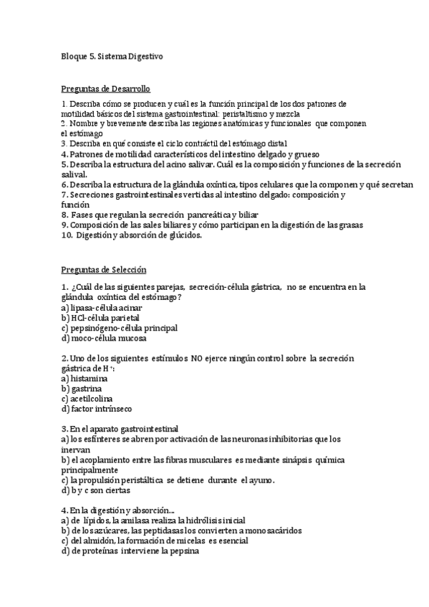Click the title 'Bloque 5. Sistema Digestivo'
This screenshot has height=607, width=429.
tap(112, 55)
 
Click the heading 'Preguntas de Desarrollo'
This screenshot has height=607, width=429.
tap(105, 89)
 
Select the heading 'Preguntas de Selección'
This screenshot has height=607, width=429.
tap(103, 270)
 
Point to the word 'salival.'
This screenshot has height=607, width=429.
tap(75, 174)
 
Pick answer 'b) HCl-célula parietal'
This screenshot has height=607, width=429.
tap(100, 317)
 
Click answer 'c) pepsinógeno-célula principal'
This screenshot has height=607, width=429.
tap(119, 328)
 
